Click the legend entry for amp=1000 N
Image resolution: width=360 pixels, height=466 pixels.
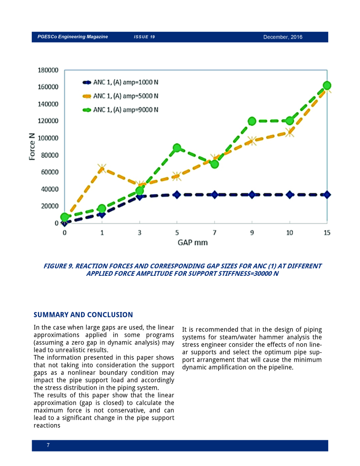point(120,82)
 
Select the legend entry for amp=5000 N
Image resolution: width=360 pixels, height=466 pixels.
point(120,96)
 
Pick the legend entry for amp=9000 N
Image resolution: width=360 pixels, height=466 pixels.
point(120,110)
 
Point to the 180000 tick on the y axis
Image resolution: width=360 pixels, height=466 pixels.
point(48,70)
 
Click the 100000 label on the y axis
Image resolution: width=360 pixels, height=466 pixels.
point(48,138)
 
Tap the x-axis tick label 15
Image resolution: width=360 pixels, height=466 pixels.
point(327,233)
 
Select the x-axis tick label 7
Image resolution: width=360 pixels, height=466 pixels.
point(215,233)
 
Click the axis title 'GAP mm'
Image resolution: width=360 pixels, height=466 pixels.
point(193,242)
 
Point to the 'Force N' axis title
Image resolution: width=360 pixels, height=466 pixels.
point(32,146)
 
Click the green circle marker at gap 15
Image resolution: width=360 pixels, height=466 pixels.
point(327,86)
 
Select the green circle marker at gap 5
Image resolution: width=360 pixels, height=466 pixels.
point(177,148)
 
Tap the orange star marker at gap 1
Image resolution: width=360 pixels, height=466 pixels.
point(102,168)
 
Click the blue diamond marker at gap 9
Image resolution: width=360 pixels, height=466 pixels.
point(252,195)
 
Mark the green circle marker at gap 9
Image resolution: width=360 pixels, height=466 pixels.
point(252,121)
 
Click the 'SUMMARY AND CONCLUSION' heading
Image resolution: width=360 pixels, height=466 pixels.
point(83,315)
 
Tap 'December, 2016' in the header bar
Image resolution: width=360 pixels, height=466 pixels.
point(283,37)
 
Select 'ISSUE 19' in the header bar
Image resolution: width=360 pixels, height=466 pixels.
point(144,37)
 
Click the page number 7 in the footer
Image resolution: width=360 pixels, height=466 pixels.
point(48,445)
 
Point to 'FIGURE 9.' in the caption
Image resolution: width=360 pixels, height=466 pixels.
point(58,266)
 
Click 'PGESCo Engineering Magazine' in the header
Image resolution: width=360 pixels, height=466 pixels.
point(73,36)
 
